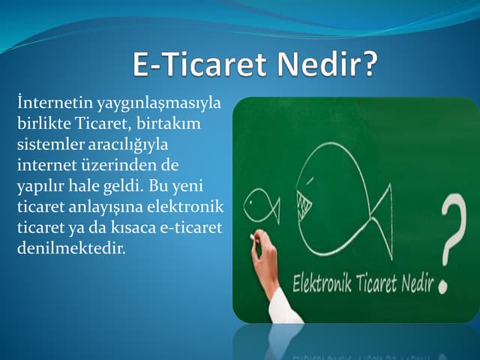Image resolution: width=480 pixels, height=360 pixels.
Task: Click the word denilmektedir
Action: click(x=70, y=246)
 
